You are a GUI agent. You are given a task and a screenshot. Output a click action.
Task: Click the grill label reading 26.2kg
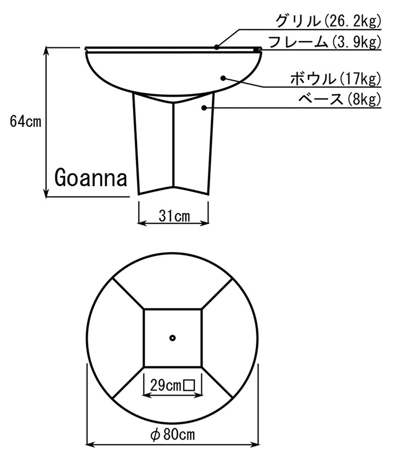328,21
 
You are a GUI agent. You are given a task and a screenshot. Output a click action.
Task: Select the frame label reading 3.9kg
324,42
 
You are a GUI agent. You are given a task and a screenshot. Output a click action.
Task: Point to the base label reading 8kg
339,99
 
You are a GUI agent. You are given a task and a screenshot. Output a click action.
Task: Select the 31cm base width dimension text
174,216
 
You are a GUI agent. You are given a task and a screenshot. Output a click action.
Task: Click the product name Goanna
91,177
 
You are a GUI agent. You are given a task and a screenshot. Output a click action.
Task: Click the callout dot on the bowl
223,77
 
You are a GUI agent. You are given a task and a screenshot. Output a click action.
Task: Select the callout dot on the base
204,108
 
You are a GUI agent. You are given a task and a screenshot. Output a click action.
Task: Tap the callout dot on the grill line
217,47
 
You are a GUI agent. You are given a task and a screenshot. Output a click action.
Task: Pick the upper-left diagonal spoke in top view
128,294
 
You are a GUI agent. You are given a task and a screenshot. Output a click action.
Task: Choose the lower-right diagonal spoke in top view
217,382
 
